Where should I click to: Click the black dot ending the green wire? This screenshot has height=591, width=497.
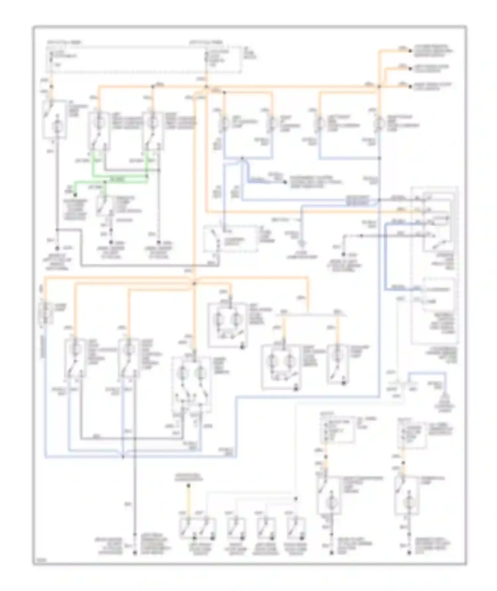pos(75,195)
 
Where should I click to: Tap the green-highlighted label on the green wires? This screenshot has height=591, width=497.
pos(117,179)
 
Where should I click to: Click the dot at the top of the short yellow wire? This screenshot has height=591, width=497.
pos(188,486)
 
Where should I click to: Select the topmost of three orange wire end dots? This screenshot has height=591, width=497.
pos(410,51)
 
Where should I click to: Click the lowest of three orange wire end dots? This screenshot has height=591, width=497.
pos(410,87)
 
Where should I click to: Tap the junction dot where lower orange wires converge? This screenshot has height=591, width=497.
pos(194,284)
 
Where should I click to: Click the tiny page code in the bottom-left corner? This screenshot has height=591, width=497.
pos(40,560)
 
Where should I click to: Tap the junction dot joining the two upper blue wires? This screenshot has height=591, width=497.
pos(242,159)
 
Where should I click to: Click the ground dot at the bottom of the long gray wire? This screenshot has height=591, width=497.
pos(135,553)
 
